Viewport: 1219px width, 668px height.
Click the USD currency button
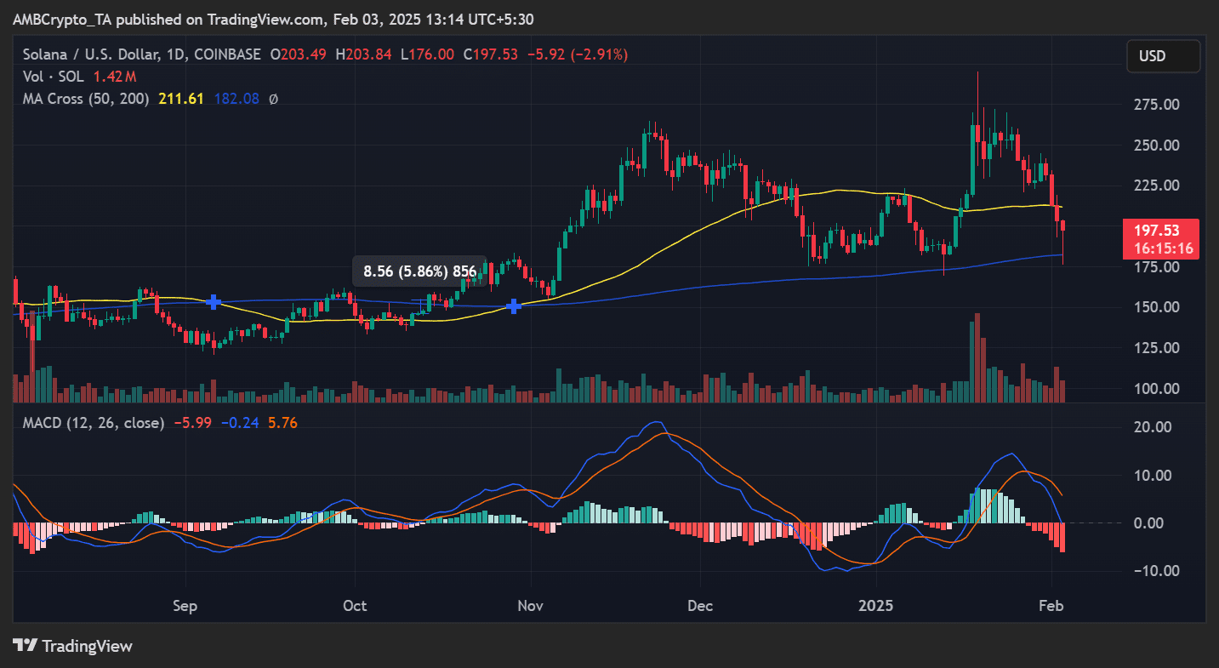tap(1163, 56)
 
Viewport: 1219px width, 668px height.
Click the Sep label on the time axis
tap(185, 606)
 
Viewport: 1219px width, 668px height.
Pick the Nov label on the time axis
tap(531, 606)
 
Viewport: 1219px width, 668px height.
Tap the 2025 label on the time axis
tap(876, 606)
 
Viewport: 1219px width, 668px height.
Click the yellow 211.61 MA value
tap(181, 99)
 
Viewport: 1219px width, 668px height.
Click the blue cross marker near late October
tap(514, 305)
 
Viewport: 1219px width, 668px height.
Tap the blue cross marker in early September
tap(214, 301)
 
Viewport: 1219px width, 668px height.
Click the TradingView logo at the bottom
tap(73, 646)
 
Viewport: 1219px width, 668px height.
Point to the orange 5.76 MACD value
tap(282, 422)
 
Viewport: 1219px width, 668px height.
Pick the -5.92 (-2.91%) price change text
tap(578, 54)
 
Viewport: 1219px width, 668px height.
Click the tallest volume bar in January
tap(977, 357)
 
